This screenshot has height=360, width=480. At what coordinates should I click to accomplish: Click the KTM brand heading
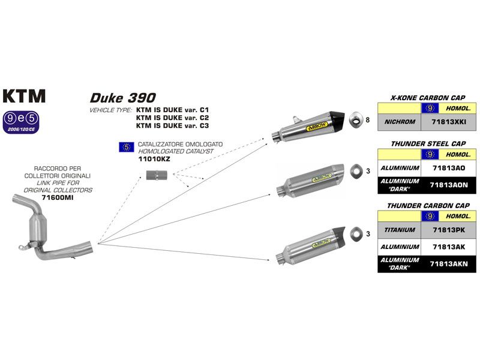coord(24,96)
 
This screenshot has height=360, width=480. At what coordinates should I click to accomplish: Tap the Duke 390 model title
coord(123,97)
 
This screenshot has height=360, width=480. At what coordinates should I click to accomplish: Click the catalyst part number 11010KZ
coord(155,160)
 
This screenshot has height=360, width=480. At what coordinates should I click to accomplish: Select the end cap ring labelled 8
coord(356,119)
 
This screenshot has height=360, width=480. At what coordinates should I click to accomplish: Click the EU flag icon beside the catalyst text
coord(126,146)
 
